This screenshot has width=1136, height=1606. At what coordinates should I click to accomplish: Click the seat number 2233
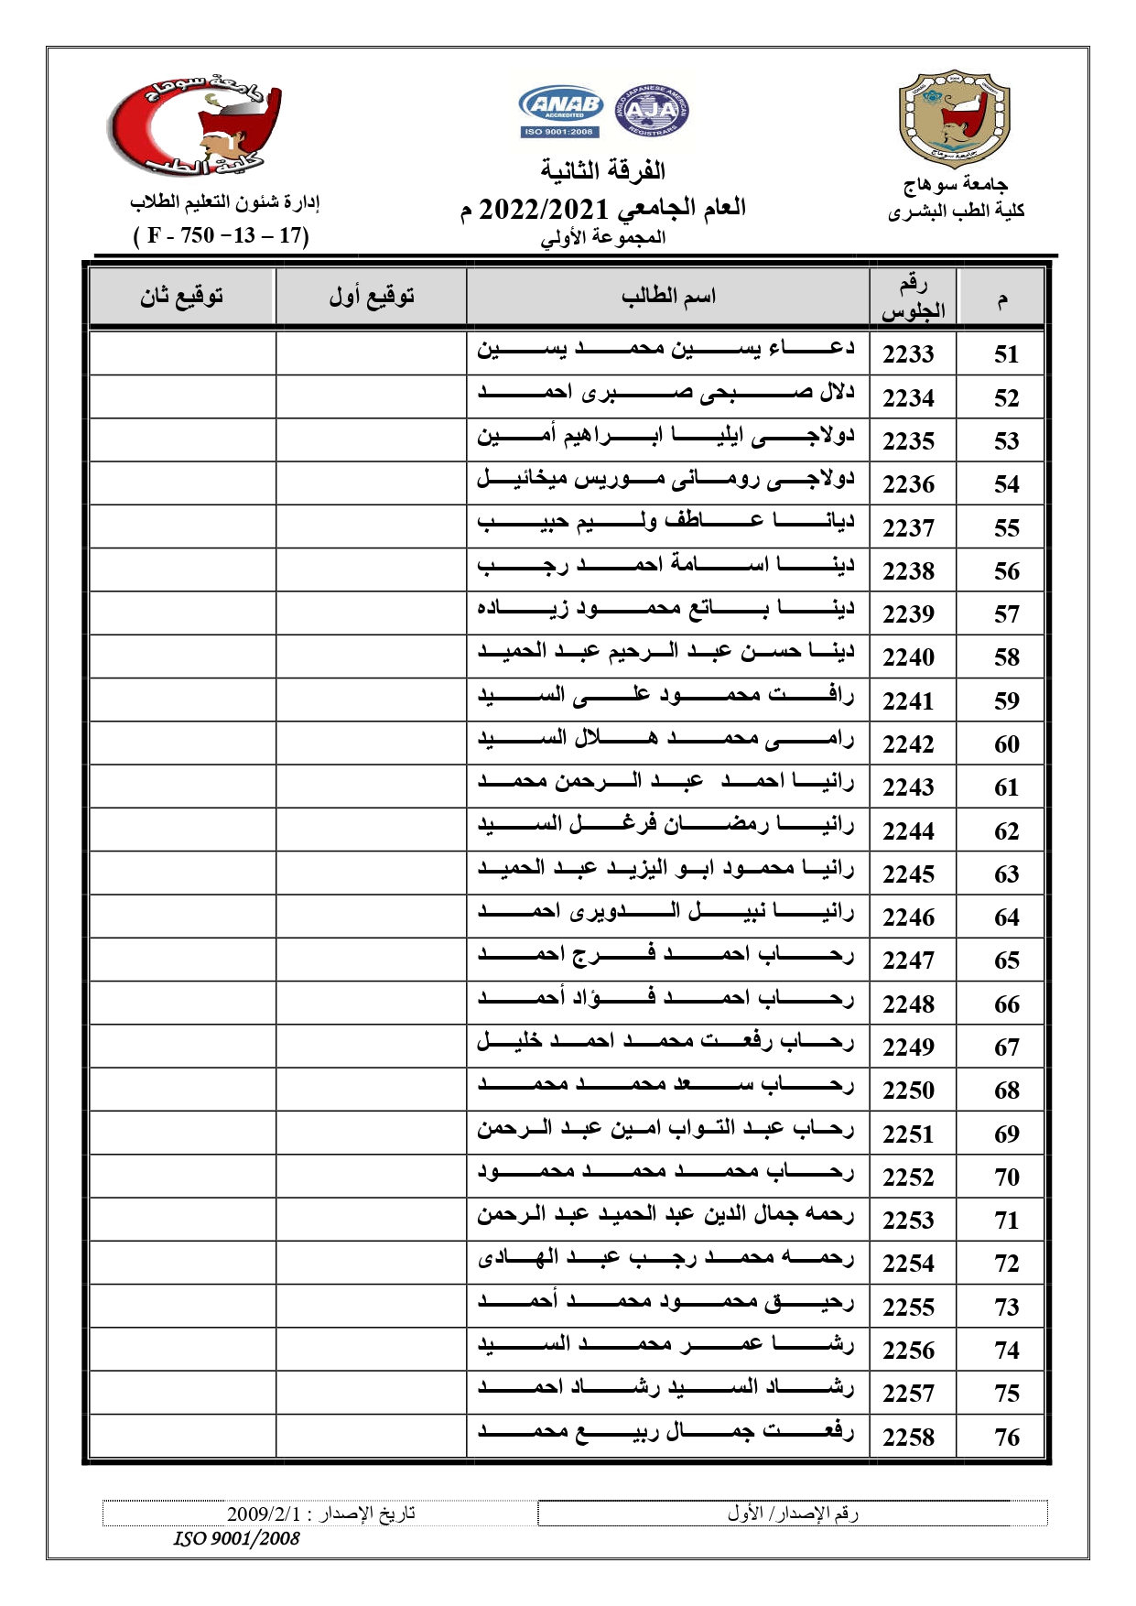click(908, 354)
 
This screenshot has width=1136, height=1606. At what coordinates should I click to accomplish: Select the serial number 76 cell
click(1006, 1438)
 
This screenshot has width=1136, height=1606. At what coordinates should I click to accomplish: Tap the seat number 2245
click(908, 874)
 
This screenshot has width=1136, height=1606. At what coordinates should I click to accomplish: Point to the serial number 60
click(1006, 744)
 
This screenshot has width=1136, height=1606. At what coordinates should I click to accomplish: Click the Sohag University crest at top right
click(954, 119)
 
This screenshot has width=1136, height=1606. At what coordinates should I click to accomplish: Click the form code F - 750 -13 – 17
click(222, 236)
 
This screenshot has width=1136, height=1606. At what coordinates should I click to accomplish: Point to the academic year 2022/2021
click(546, 209)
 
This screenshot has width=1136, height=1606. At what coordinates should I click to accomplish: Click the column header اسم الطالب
click(668, 297)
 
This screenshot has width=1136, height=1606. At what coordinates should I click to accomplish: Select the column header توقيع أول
click(372, 297)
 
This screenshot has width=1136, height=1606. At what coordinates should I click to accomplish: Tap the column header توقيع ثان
click(181, 297)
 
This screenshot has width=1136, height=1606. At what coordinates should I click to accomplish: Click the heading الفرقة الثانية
click(602, 171)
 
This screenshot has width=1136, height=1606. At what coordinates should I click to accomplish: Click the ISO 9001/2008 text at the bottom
click(236, 1539)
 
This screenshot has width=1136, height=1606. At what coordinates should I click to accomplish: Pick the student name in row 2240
click(665, 652)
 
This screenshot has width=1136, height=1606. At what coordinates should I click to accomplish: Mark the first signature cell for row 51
click(371, 353)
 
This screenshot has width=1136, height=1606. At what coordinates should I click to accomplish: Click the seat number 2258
click(908, 1438)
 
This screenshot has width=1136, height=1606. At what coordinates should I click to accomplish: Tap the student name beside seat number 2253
click(665, 1215)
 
